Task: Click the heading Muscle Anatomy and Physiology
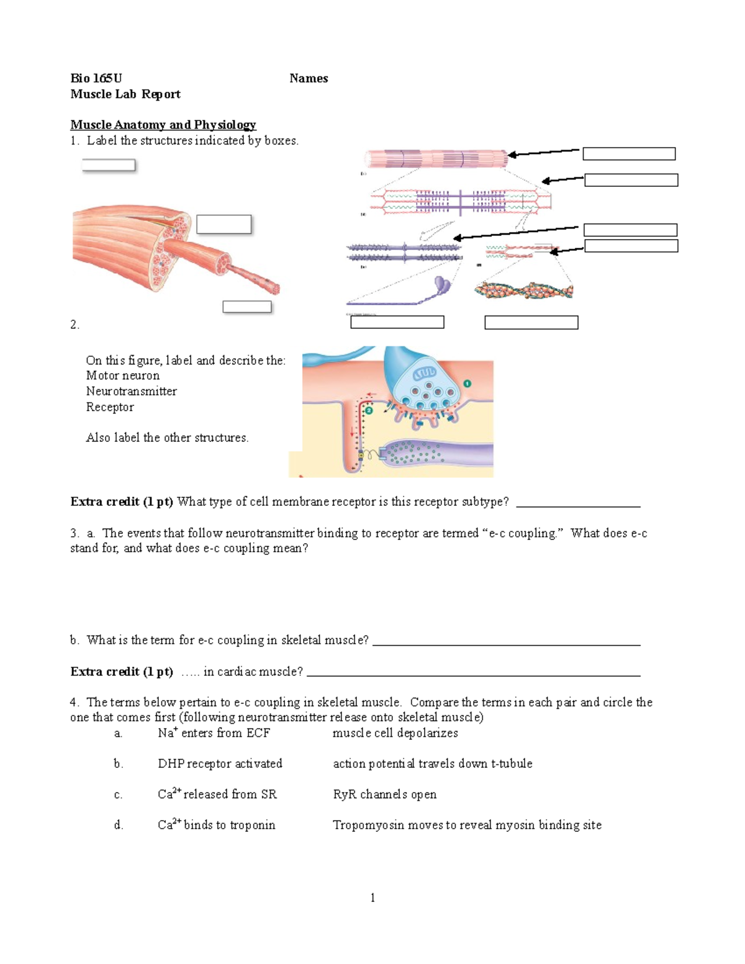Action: (x=163, y=125)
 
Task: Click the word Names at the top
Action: (x=309, y=78)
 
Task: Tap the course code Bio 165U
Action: (x=96, y=78)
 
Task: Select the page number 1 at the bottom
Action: (x=372, y=897)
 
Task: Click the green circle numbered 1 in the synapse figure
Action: (x=467, y=384)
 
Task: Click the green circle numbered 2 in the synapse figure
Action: (x=369, y=410)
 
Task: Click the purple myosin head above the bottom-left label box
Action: (x=442, y=284)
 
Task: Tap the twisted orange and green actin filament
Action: (x=523, y=291)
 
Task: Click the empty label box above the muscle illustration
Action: (x=109, y=165)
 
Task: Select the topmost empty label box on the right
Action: (x=629, y=154)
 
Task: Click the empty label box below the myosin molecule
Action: (x=397, y=322)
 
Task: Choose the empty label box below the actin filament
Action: (x=531, y=322)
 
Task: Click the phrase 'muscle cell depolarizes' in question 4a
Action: (x=395, y=733)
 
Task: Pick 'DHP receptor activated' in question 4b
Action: (x=220, y=764)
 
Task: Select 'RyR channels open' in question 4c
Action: (x=384, y=795)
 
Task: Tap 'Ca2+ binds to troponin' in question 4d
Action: (x=216, y=825)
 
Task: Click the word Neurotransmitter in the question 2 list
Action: (x=131, y=391)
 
